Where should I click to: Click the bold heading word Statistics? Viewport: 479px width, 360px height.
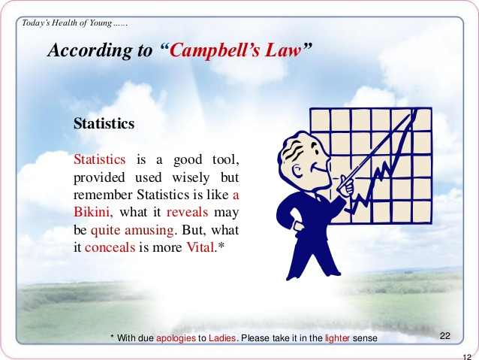pyautogui.click(x=104, y=124)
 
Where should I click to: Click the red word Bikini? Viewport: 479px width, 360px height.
pyautogui.click(x=92, y=212)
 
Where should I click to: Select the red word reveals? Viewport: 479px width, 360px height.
pyautogui.click(x=187, y=212)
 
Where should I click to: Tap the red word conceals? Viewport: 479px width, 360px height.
pyautogui.click(x=110, y=247)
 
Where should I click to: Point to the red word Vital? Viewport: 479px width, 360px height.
pyautogui.click(x=200, y=247)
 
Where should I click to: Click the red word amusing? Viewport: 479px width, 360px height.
pyautogui.click(x=149, y=230)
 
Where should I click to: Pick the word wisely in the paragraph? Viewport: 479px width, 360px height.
pyautogui.click(x=191, y=177)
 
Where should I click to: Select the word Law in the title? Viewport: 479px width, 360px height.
pyautogui.click(x=283, y=50)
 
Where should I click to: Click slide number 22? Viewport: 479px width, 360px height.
pyautogui.click(x=445, y=336)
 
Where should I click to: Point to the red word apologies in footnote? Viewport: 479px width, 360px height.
pyautogui.click(x=176, y=338)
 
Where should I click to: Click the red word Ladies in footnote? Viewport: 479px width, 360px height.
pyautogui.click(x=222, y=338)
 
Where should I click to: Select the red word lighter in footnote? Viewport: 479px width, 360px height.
pyautogui.click(x=337, y=338)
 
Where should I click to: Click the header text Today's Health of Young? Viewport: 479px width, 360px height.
pyautogui.click(x=67, y=23)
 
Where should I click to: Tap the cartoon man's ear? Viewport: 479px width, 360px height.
pyautogui.click(x=297, y=170)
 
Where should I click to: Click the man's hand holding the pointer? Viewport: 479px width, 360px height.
pyautogui.click(x=345, y=185)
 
